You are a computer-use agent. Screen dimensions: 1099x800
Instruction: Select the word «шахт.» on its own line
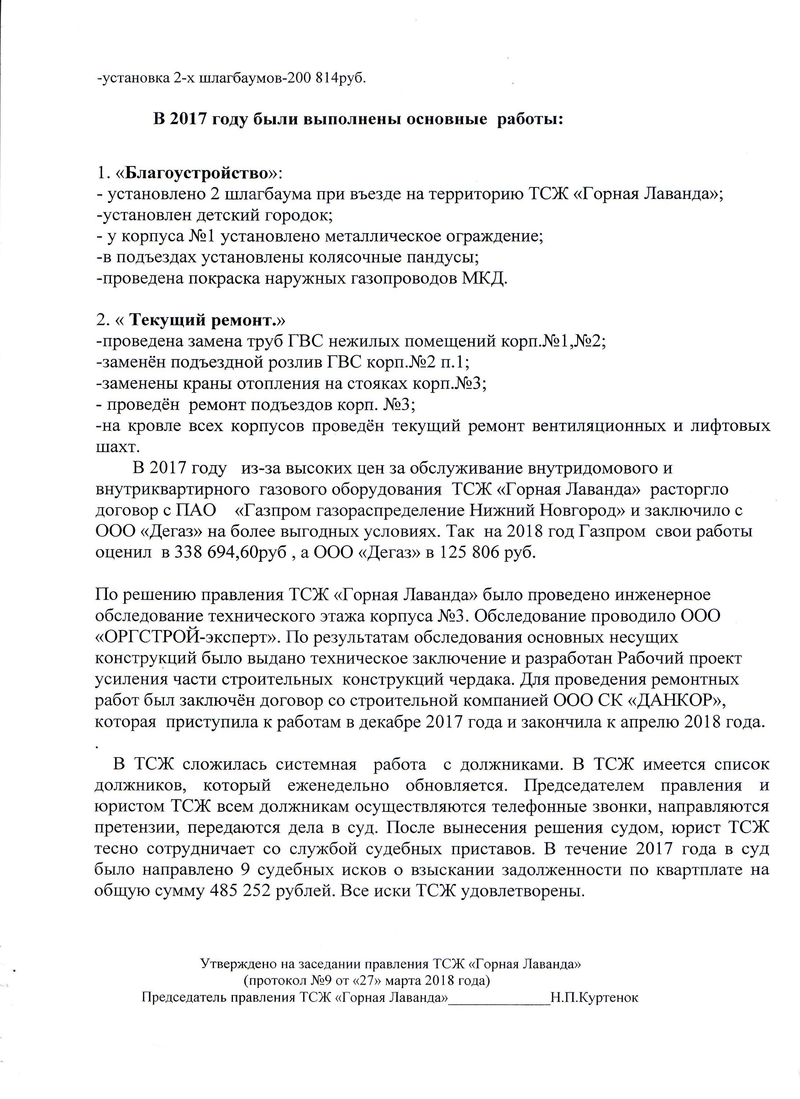click(115, 447)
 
